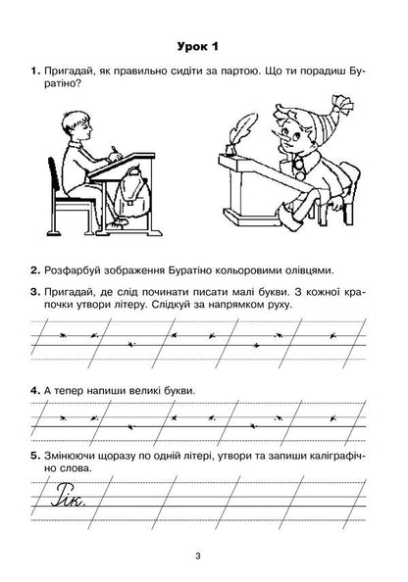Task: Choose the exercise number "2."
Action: [35, 269]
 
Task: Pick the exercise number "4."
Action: [35, 391]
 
